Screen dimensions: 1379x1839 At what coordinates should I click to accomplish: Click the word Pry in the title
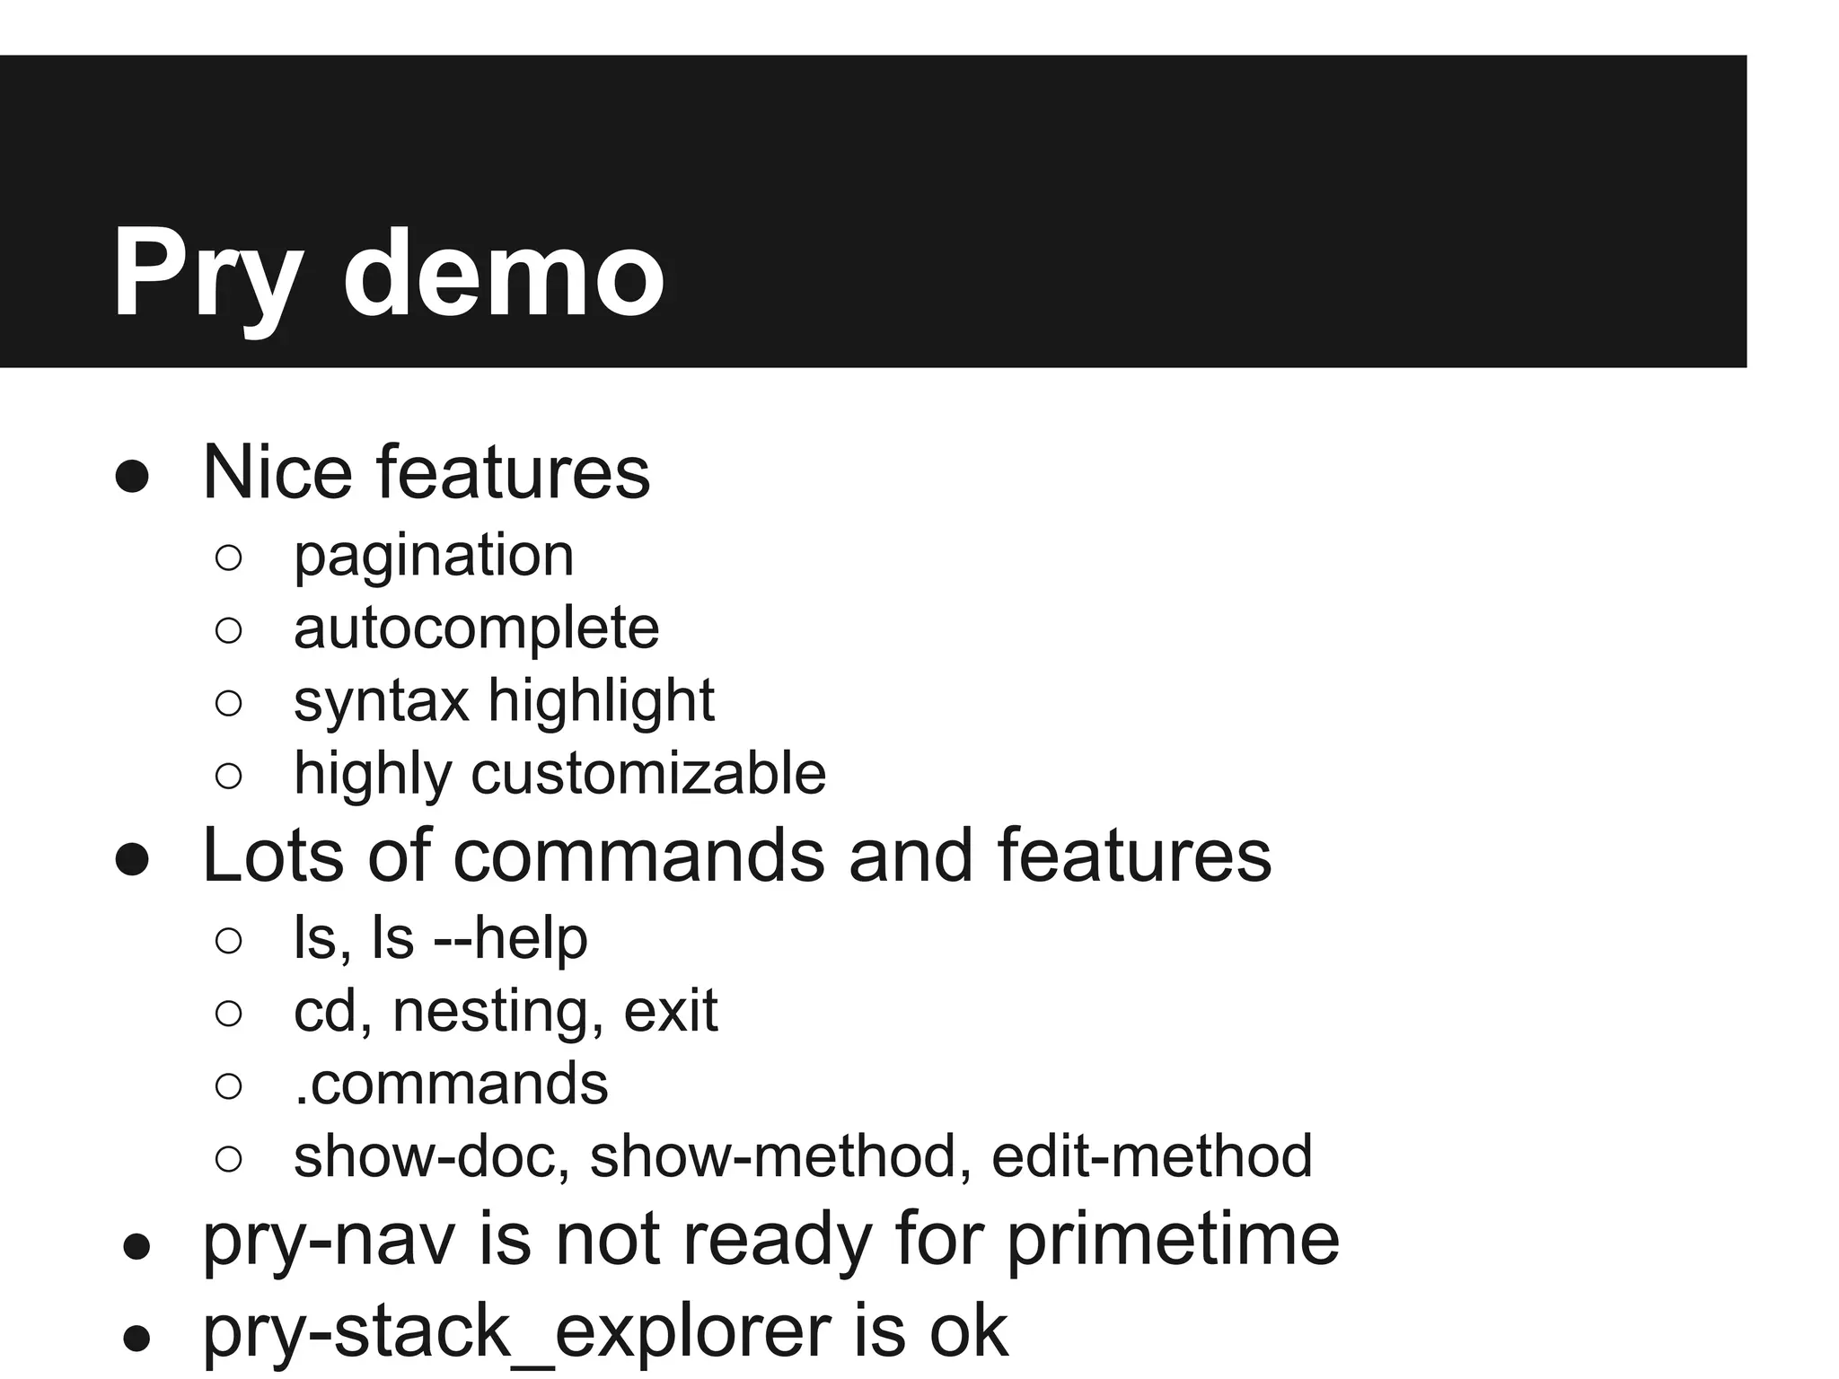pos(206,274)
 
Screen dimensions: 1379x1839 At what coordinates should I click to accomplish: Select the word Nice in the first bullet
pos(277,472)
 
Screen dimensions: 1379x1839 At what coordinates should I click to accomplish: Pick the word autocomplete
pos(476,628)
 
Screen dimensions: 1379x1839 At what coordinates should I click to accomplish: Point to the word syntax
pos(381,701)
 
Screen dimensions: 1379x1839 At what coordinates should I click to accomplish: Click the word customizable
pos(647,773)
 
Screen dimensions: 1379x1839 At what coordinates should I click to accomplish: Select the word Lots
pos(273,856)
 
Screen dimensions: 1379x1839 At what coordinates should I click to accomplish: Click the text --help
pos(510,938)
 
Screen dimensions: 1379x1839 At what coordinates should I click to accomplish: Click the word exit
pos(671,1011)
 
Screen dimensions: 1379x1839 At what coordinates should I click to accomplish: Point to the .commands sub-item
pos(451,1084)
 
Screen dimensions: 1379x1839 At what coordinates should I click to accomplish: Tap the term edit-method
pos(1151,1156)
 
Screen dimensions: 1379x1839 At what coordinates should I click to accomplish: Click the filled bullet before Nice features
pos(132,477)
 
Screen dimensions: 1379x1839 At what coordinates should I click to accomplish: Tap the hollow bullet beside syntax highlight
pos(229,703)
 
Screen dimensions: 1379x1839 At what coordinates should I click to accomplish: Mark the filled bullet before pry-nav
pos(136,1247)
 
